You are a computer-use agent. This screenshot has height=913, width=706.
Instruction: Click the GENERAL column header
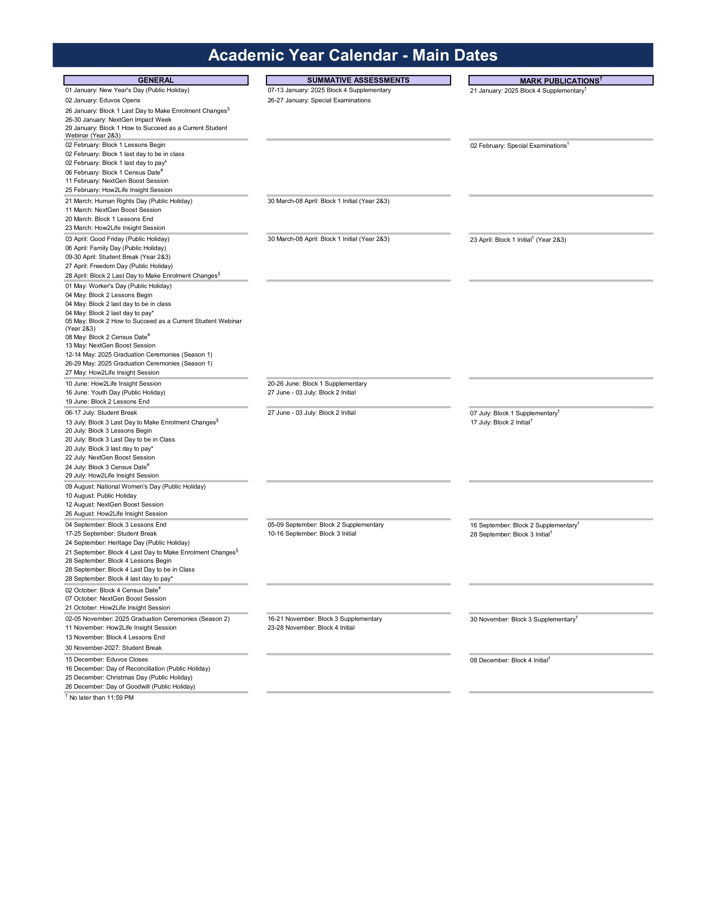(x=156, y=80)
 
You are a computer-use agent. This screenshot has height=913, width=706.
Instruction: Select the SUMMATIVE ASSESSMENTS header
(x=358, y=80)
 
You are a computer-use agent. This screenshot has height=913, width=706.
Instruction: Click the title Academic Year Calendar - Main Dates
(x=352, y=55)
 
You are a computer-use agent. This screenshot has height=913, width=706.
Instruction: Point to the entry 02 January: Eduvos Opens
(x=103, y=100)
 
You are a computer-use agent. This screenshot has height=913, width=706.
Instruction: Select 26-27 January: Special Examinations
(x=319, y=100)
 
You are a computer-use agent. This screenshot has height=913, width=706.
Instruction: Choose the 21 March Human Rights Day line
(x=129, y=201)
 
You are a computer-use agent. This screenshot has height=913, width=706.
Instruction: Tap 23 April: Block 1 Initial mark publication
(x=518, y=240)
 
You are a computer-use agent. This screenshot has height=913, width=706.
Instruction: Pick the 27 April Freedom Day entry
(x=119, y=266)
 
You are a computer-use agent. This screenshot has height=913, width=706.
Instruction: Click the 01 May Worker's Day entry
(x=118, y=286)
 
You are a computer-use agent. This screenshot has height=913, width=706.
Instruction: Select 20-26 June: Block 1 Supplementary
(x=317, y=384)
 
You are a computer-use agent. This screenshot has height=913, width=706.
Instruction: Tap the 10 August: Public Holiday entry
(x=101, y=496)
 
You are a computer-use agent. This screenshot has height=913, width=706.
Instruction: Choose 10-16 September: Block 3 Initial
(x=312, y=534)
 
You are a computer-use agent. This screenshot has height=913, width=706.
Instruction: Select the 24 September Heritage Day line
(x=127, y=543)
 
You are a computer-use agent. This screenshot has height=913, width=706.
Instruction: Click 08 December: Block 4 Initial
(x=509, y=660)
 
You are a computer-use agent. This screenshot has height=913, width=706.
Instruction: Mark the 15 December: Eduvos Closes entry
(x=107, y=660)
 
